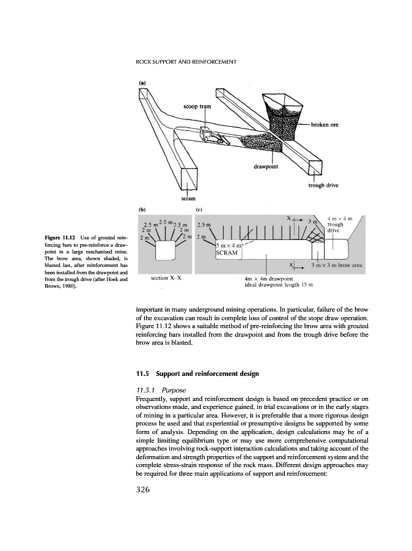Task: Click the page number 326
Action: coord(149,489)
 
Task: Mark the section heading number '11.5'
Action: coord(144,373)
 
